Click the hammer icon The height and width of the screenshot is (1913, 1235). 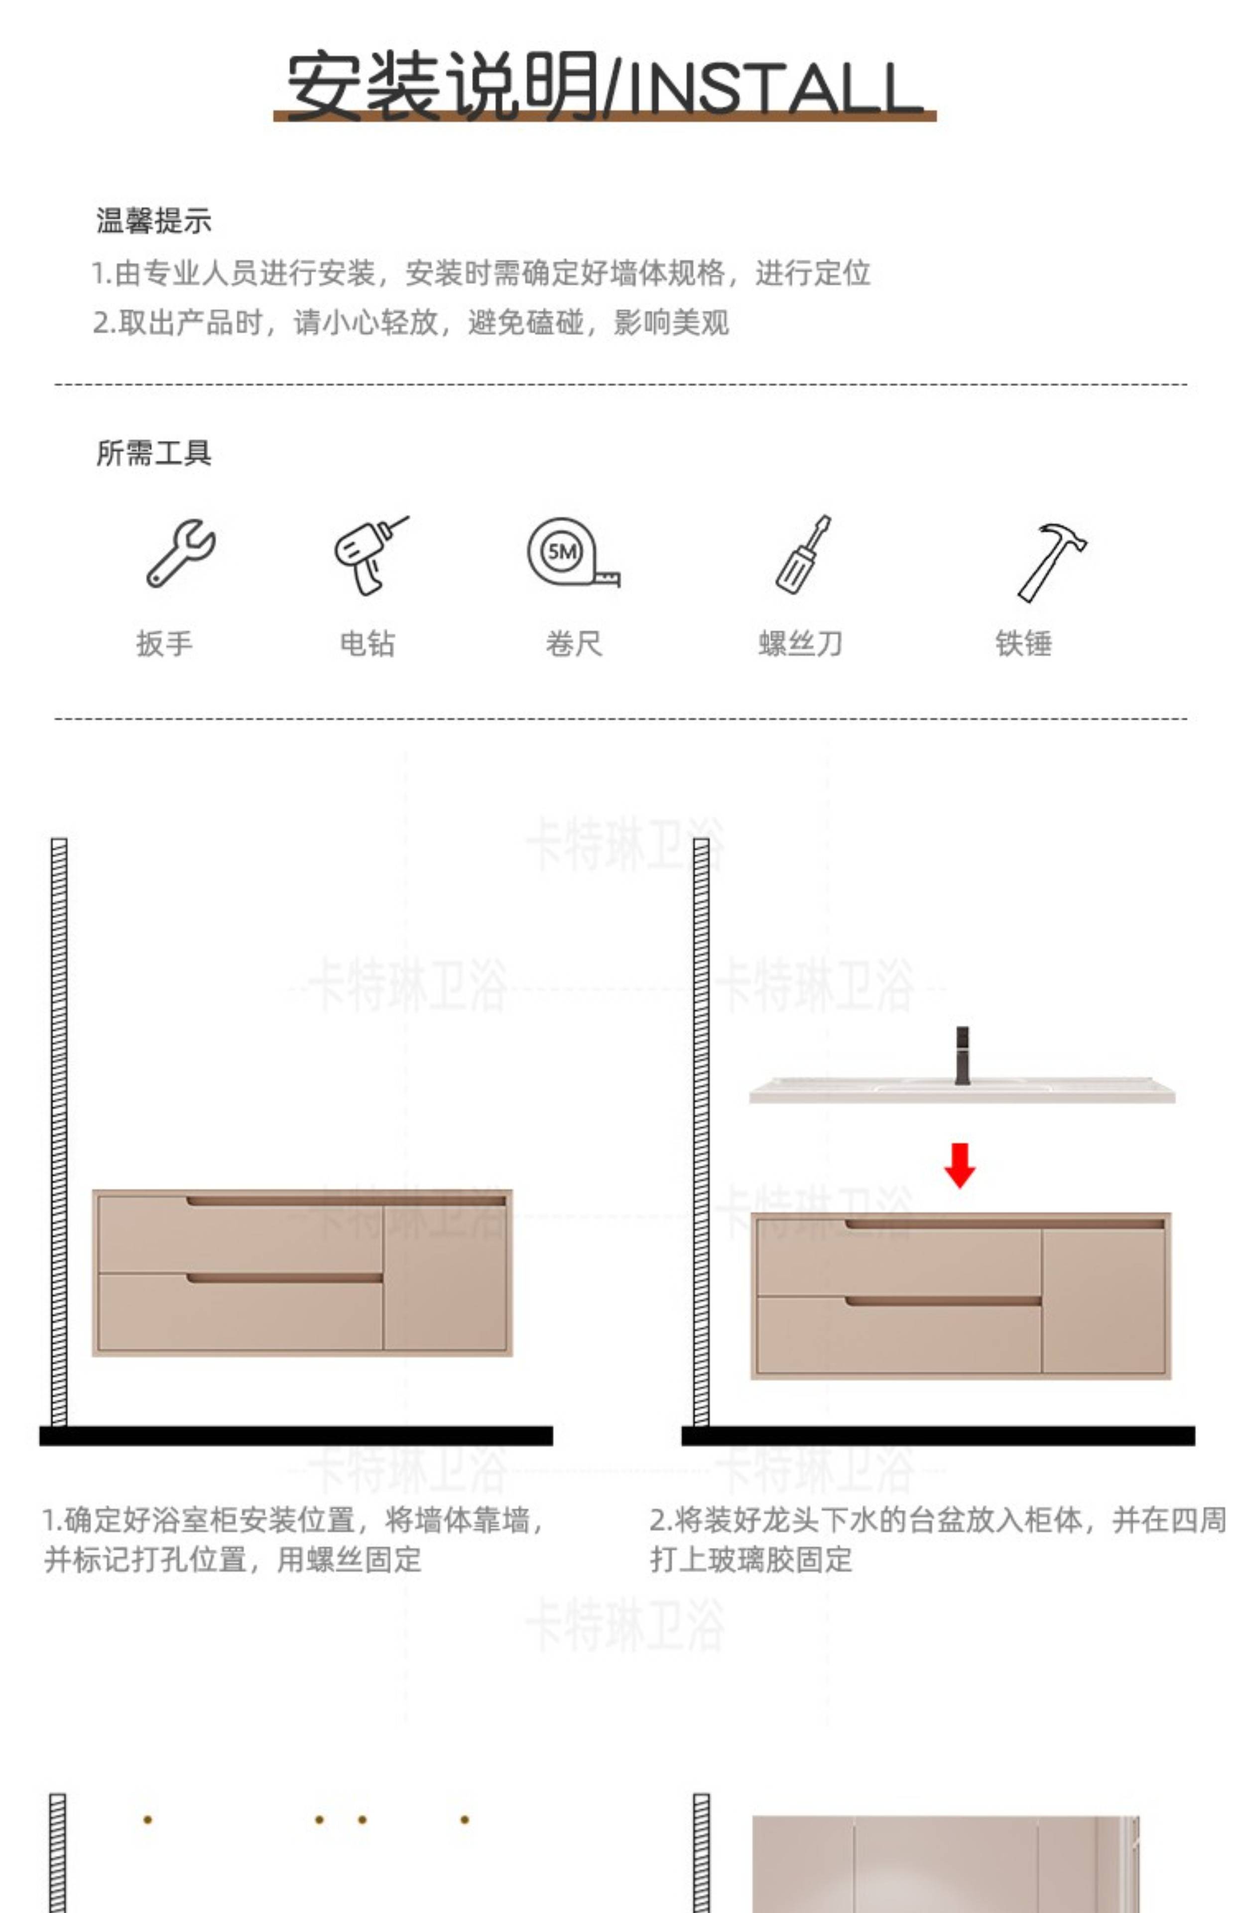1051,561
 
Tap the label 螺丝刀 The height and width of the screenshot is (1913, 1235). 800,643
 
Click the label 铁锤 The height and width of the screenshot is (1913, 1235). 1023,643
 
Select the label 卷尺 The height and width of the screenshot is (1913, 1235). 573,643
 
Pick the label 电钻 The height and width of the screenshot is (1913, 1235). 368,643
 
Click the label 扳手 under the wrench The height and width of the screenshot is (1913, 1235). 164,643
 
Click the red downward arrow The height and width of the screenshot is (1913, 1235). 960,1165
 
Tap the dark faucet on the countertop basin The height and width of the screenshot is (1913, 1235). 962,1056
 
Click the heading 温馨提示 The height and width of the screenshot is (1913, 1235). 154,221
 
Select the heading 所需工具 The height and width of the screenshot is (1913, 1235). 154,453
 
